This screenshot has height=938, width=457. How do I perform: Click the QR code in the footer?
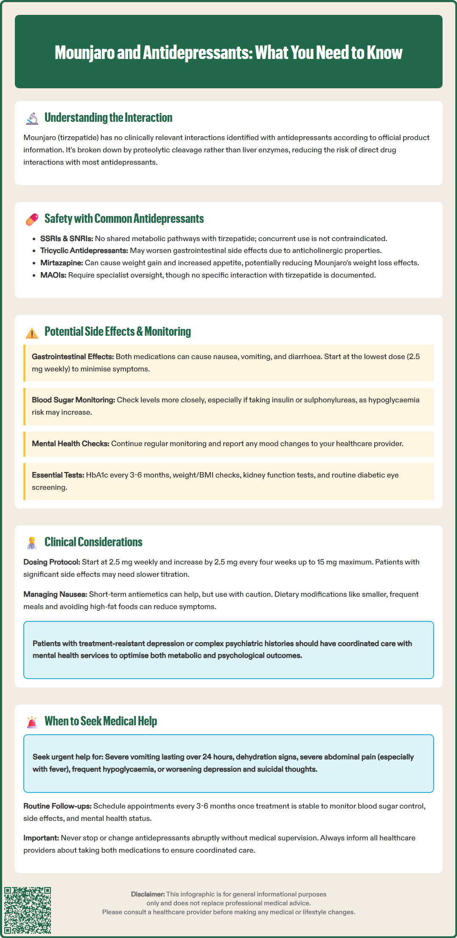pos(28,910)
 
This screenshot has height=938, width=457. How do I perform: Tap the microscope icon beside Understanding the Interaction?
pos(32,118)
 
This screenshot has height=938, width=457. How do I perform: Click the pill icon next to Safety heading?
pos(32,219)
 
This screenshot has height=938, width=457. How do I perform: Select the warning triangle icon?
pos(32,333)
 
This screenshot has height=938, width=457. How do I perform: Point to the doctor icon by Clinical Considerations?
pos(32,543)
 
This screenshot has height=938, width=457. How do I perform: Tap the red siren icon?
pos(32,722)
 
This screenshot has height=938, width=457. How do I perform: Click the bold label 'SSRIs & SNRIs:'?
pos(67,239)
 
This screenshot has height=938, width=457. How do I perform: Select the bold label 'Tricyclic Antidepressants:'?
pos(84,250)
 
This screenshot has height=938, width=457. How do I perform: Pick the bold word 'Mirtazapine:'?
pos(62,263)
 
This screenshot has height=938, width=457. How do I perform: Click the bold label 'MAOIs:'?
pos(53,275)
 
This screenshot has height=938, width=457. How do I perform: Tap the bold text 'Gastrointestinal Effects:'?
pos(73,357)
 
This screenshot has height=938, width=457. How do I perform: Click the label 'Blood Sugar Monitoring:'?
pos(73,400)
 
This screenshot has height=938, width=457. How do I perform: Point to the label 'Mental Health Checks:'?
pos(70,444)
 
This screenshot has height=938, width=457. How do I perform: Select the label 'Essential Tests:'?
pos(58,475)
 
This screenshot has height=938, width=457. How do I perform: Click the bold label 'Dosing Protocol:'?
pos(52,562)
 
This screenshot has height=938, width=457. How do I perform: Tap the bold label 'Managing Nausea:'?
pos(55,594)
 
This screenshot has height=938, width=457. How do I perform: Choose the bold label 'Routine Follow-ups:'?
pos(57,806)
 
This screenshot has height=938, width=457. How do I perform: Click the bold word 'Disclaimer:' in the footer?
pos(148,894)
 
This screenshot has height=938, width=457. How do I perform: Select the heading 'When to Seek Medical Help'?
pos(101,721)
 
